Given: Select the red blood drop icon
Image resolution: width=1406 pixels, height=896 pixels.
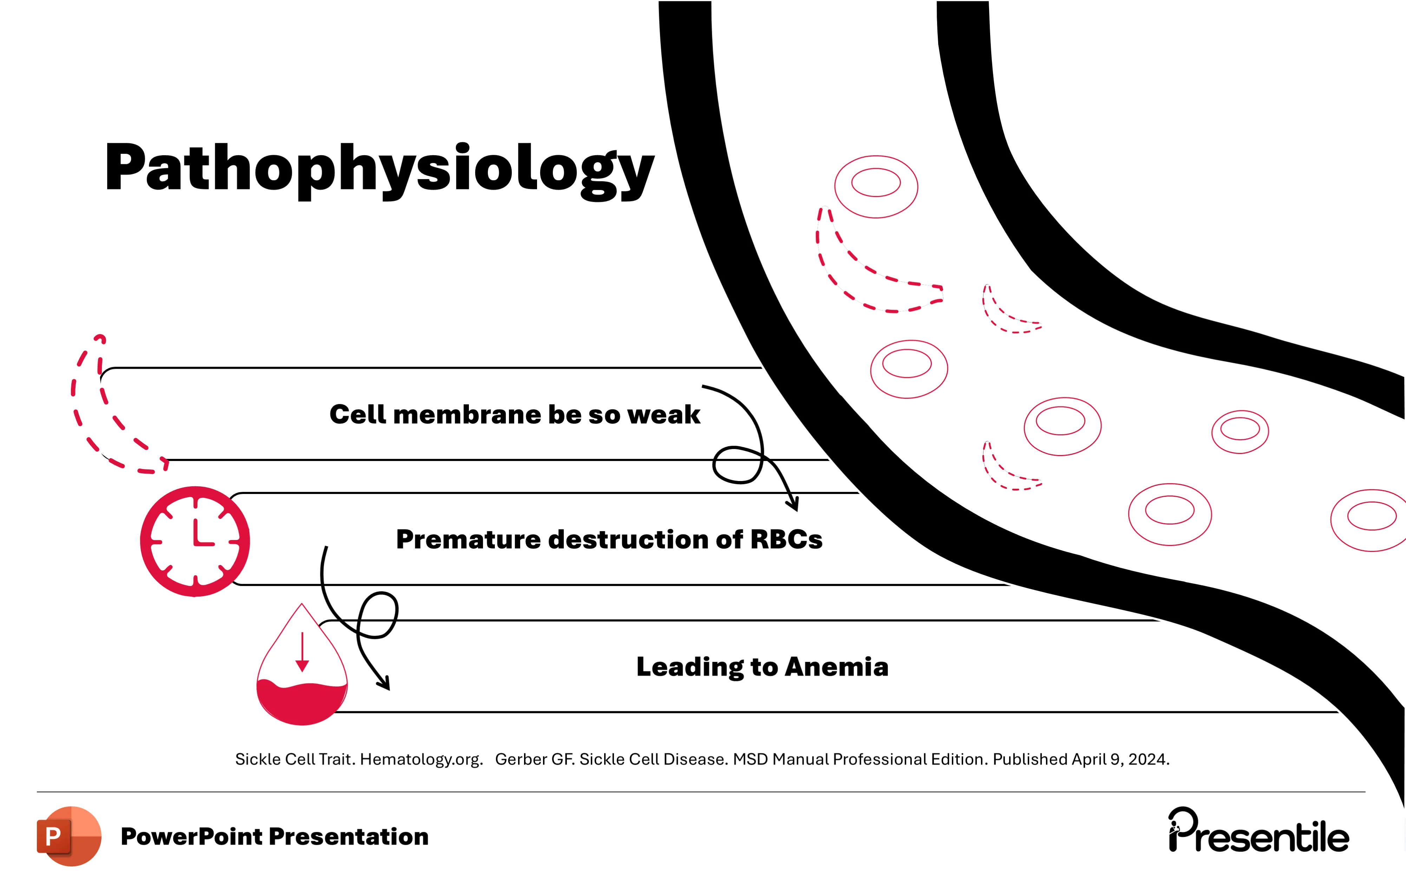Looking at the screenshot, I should tap(302, 671).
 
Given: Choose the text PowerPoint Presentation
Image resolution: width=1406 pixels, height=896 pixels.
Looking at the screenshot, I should tap(274, 836).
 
